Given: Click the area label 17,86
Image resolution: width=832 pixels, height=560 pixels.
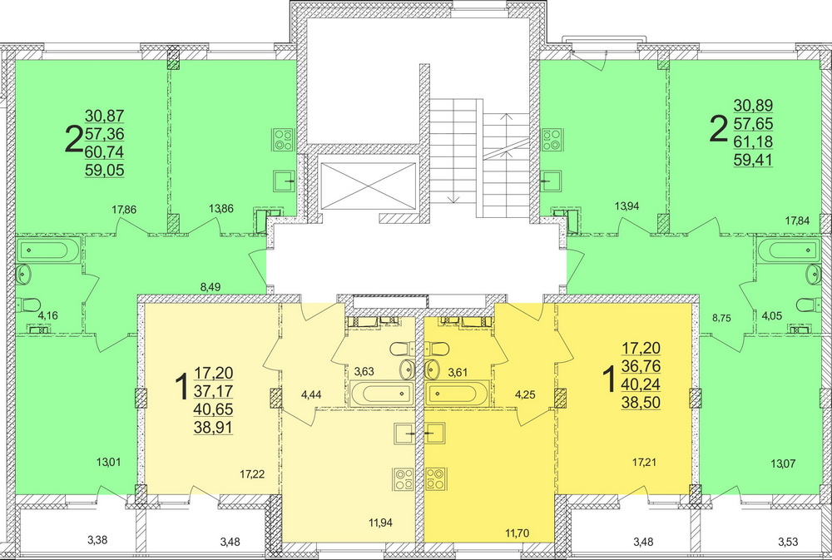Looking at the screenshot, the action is tap(124, 210).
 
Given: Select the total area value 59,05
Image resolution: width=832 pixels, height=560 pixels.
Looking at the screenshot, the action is tap(105, 171).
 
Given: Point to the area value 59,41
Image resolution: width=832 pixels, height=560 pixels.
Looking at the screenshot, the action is tap(754, 160).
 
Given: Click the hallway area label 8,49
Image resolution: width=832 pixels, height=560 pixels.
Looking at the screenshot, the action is tap(210, 287).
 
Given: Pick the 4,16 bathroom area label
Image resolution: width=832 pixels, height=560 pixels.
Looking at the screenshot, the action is tap(47, 316).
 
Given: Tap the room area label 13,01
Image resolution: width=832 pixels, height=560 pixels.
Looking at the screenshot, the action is tap(108, 463).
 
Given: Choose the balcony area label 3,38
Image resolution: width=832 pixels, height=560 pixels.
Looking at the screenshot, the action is tap(97, 541).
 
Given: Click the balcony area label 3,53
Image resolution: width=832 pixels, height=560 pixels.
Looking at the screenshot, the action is tap(788, 542).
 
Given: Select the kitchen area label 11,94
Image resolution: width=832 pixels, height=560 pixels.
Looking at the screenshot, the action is tap(380, 523).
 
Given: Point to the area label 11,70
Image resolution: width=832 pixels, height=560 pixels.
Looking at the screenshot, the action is tap(517, 533).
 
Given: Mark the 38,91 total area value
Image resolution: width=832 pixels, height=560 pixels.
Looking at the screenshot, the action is tap(213, 428).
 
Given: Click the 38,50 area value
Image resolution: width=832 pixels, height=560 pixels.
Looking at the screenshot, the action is tap(641, 403).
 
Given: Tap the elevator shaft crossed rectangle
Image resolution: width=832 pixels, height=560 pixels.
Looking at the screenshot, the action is tap(369, 186).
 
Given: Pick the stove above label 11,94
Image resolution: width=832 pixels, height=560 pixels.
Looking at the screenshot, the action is tap(404, 478).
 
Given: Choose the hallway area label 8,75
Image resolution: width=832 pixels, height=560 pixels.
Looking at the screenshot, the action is tap(721, 318).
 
